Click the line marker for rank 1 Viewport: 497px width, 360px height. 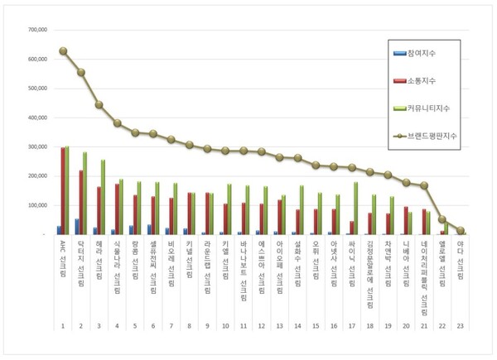click(63, 51)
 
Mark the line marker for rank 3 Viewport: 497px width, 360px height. click(99, 105)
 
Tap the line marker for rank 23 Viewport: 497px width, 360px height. click(461, 231)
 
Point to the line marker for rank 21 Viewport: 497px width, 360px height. click(424, 186)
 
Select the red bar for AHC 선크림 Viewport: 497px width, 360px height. click(62, 191)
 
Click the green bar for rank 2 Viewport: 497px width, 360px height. click(84, 193)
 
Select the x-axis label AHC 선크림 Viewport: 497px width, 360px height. click(63, 258)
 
